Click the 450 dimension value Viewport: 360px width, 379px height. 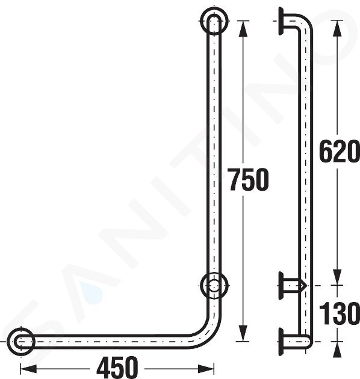(x=117, y=368)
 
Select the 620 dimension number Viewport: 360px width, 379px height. (x=338, y=151)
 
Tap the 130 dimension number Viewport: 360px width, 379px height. (x=338, y=313)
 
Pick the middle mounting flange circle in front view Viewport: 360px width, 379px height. (x=201, y=286)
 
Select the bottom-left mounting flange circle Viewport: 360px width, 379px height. (x=8, y=342)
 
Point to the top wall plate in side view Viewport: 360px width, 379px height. (x=281, y=21)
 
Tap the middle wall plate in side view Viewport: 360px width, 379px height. (x=281, y=286)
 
